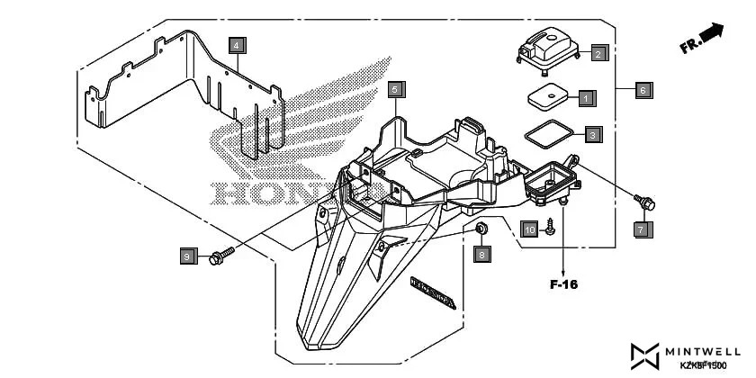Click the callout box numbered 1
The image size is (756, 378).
[585, 97]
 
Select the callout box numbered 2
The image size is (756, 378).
[598, 53]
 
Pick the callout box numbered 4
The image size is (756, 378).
[236, 44]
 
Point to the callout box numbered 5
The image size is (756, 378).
[395, 89]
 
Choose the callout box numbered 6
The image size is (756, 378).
[643, 90]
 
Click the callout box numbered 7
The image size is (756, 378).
[641, 229]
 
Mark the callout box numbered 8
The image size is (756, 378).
[481, 255]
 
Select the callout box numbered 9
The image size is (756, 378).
[187, 257]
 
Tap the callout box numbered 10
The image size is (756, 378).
[529, 229]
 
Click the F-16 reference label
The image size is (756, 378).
[563, 284]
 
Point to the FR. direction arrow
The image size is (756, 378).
[703, 39]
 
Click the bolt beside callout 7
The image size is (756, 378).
[644, 202]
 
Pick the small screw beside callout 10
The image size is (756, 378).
[549, 230]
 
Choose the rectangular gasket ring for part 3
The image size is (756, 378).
[548, 134]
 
